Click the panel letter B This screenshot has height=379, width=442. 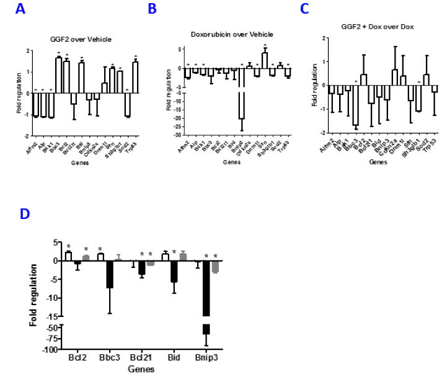[152, 9]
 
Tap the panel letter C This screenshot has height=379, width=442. [304, 9]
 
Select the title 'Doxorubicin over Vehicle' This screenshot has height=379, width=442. [232, 34]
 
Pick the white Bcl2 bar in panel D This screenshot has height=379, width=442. [68, 256]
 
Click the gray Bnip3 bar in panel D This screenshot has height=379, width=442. [215, 267]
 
